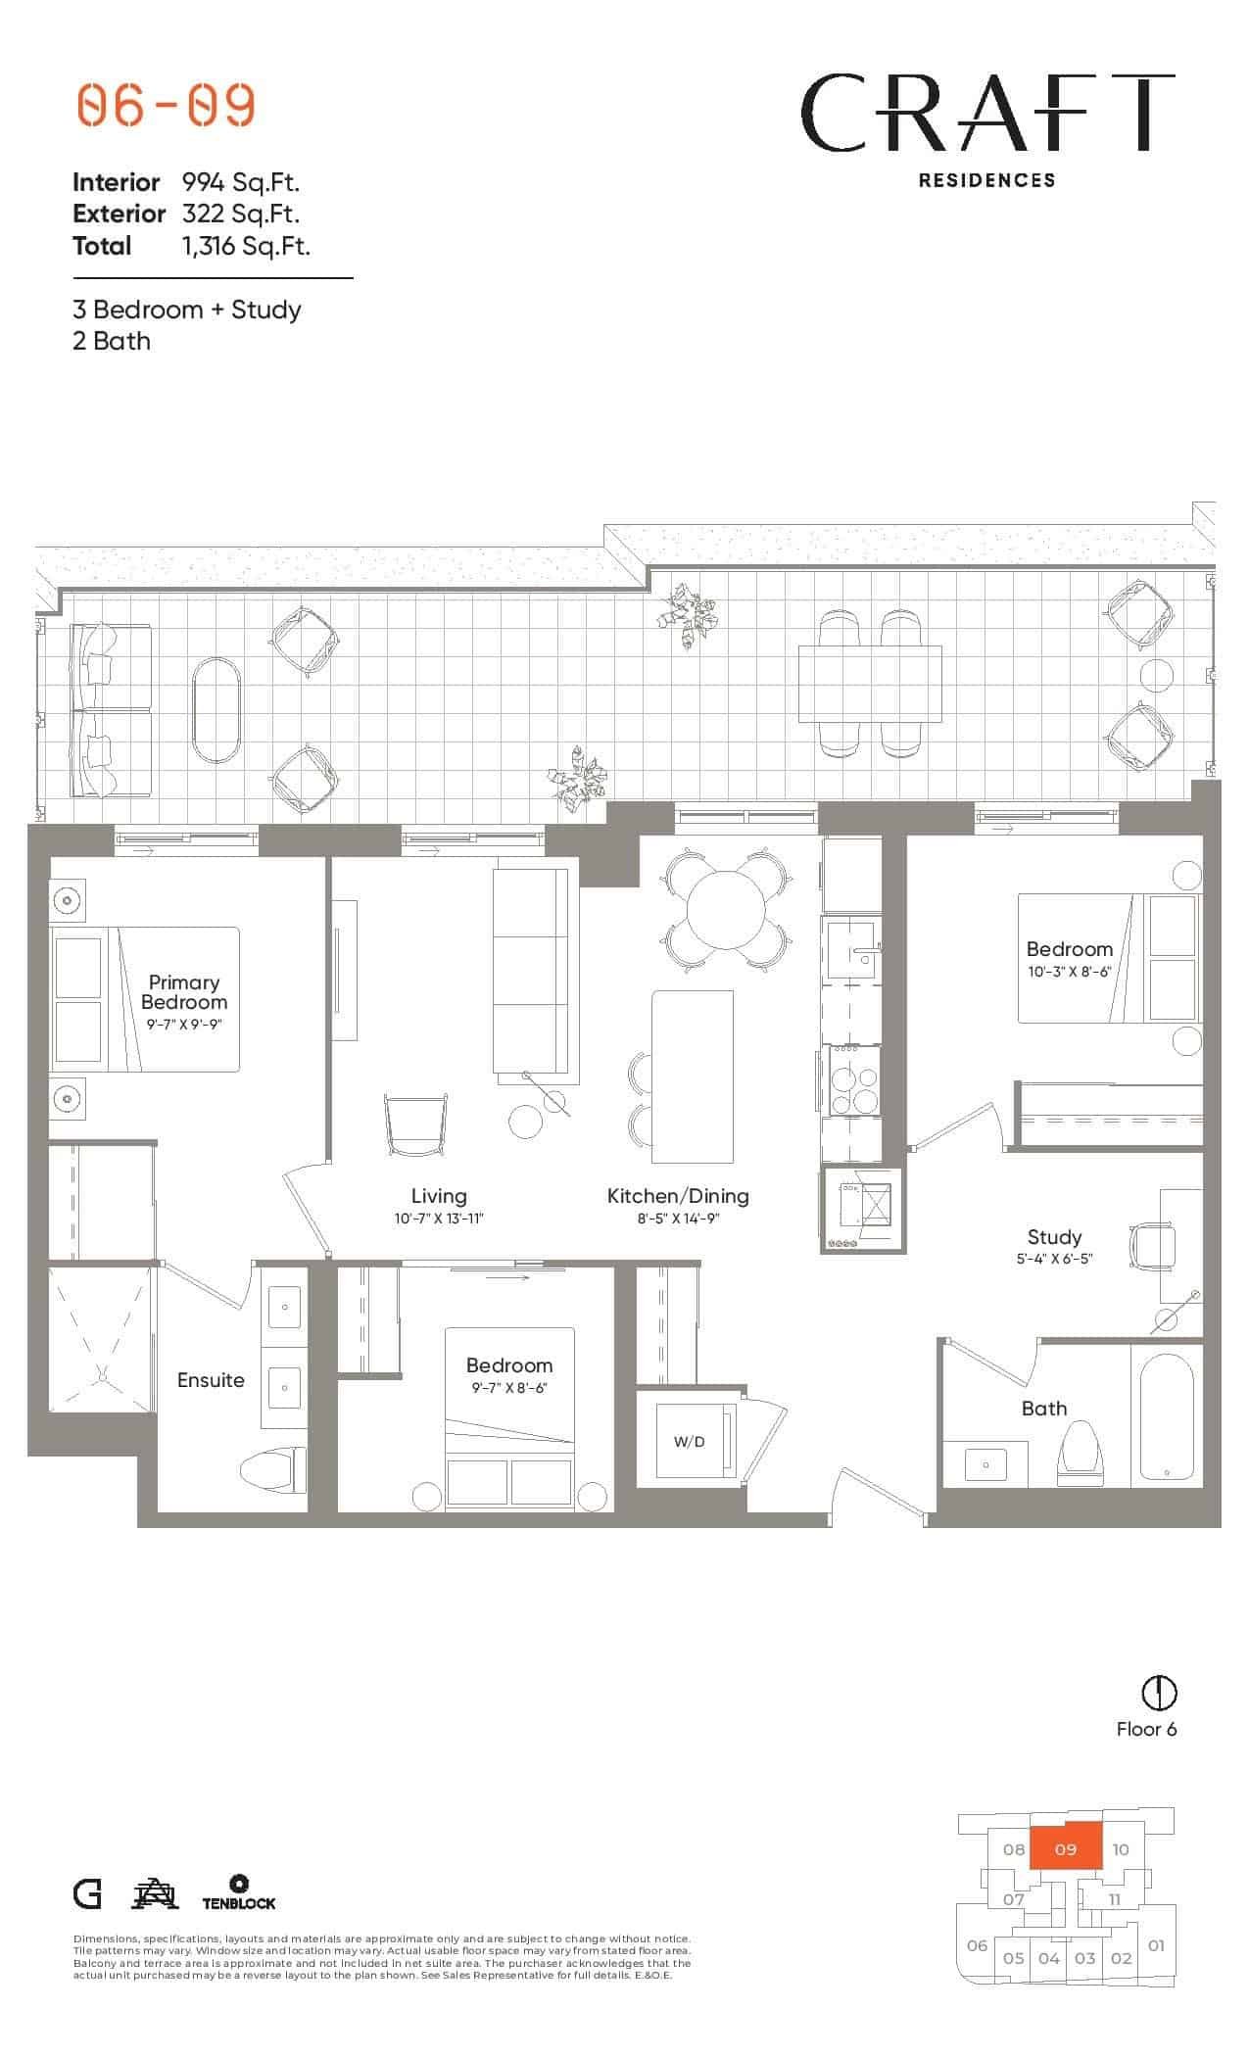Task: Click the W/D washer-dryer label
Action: pyautogui.click(x=689, y=1442)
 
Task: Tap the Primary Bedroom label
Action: pyautogui.click(x=184, y=991)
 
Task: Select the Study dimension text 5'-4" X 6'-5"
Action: pyautogui.click(x=1054, y=1259)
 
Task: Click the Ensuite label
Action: pyautogui.click(x=211, y=1380)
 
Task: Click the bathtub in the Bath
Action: pyautogui.click(x=1166, y=1416)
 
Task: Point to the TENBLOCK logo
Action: pyautogui.click(x=239, y=1893)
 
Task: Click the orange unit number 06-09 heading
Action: pyautogui.click(x=166, y=106)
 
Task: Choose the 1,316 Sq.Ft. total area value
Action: pyautogui.click(x=246, y=246)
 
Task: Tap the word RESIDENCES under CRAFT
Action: pyautogui.click(x=986, y=180)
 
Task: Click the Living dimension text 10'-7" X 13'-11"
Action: pyautogui.click(x=439, y=1219)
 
